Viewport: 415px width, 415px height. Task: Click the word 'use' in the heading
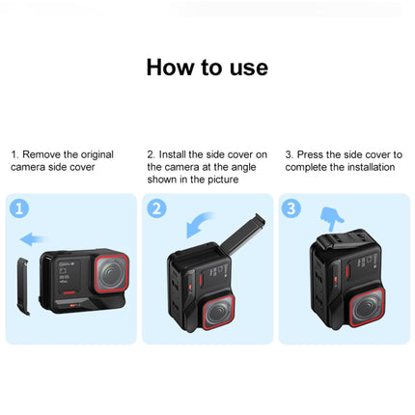[247, 68]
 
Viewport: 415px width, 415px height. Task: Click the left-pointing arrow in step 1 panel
[31, 238]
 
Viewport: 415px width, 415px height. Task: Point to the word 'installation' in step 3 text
[368, 167]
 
